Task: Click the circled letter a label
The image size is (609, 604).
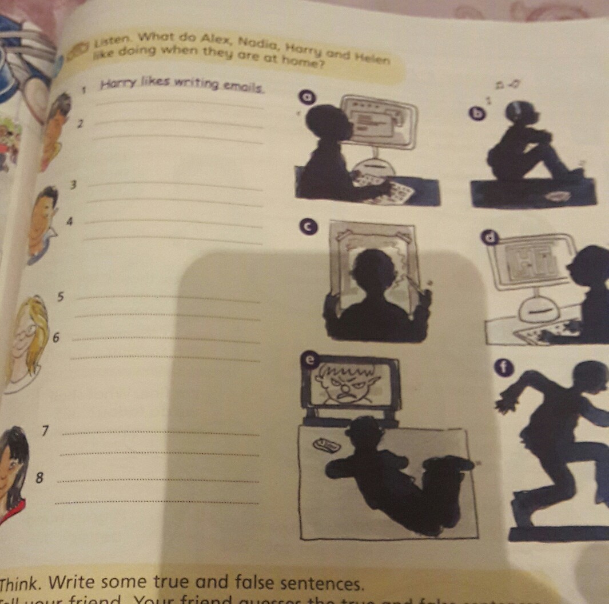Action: tap(308, 98)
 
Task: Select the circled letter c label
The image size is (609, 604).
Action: tap(308, 227)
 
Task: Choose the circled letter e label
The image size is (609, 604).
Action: tap(309, 358)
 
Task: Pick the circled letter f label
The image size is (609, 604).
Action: tap(503, 368)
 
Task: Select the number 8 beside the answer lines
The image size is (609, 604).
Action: tap(39, 477)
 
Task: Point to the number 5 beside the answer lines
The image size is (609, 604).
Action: tap(61, 297)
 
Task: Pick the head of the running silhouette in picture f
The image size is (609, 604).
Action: tap(589, 378)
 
